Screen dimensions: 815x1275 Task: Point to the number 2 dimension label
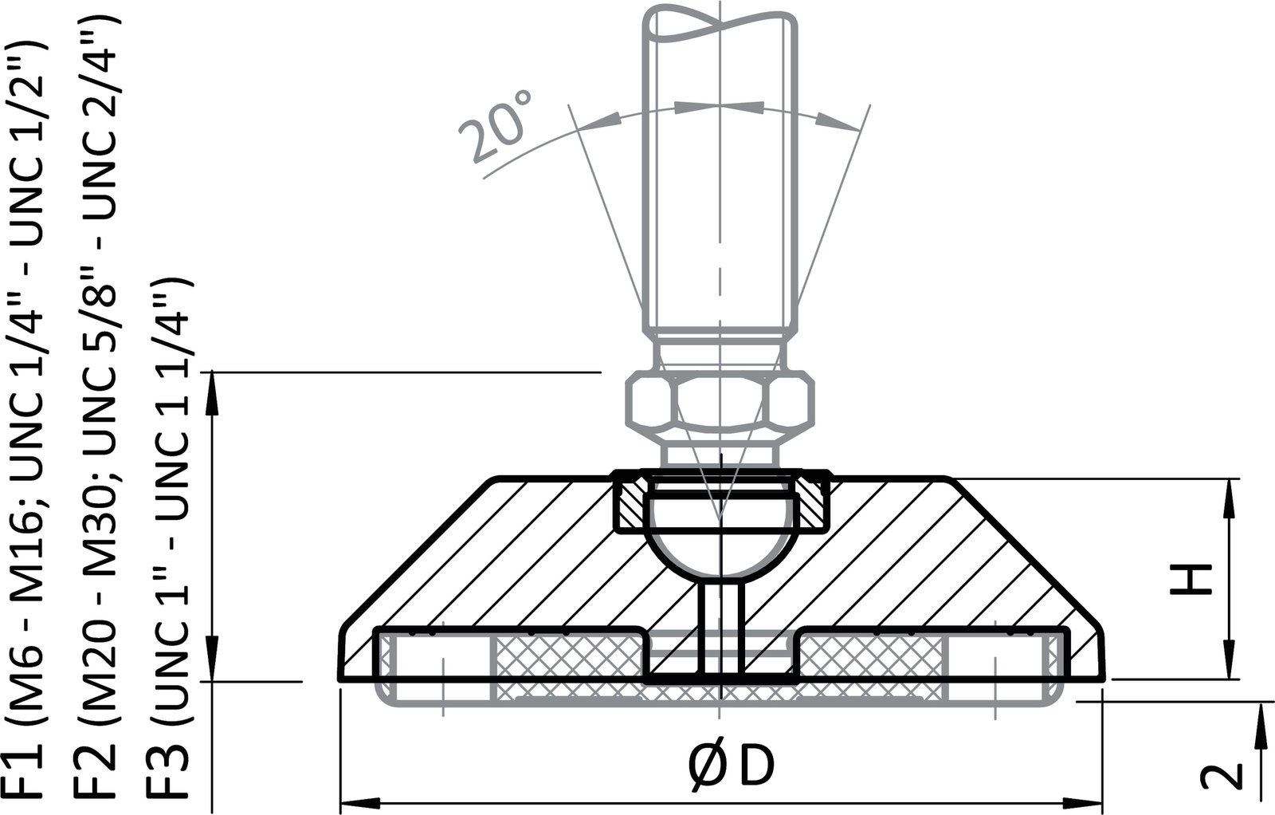[1222, 776]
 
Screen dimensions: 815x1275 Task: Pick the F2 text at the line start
[99, 773]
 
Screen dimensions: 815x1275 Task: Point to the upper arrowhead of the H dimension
[1232, 495]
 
